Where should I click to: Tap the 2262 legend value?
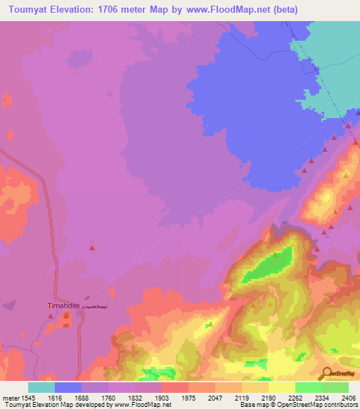282,398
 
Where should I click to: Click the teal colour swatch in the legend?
41,387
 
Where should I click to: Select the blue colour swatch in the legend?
68,387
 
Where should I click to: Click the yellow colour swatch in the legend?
282,387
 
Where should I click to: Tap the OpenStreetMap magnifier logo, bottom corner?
327,373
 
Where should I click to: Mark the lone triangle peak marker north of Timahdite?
92,247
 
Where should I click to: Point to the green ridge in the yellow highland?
270,265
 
